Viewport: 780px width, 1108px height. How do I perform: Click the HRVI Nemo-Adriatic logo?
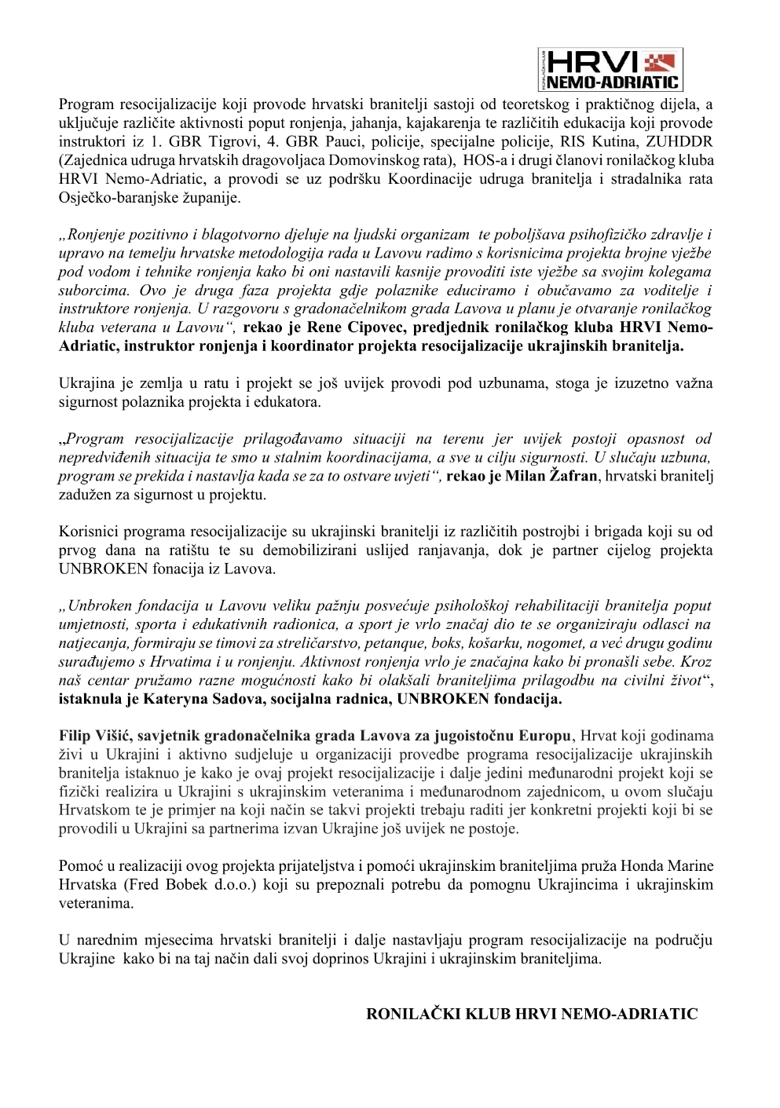tap(610, 70)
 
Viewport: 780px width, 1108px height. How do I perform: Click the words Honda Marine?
tap(666, 866)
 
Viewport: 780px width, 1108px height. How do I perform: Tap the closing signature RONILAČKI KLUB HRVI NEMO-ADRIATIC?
tap(532, 1014)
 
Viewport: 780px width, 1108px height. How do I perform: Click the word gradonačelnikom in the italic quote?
tap(309, 309)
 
